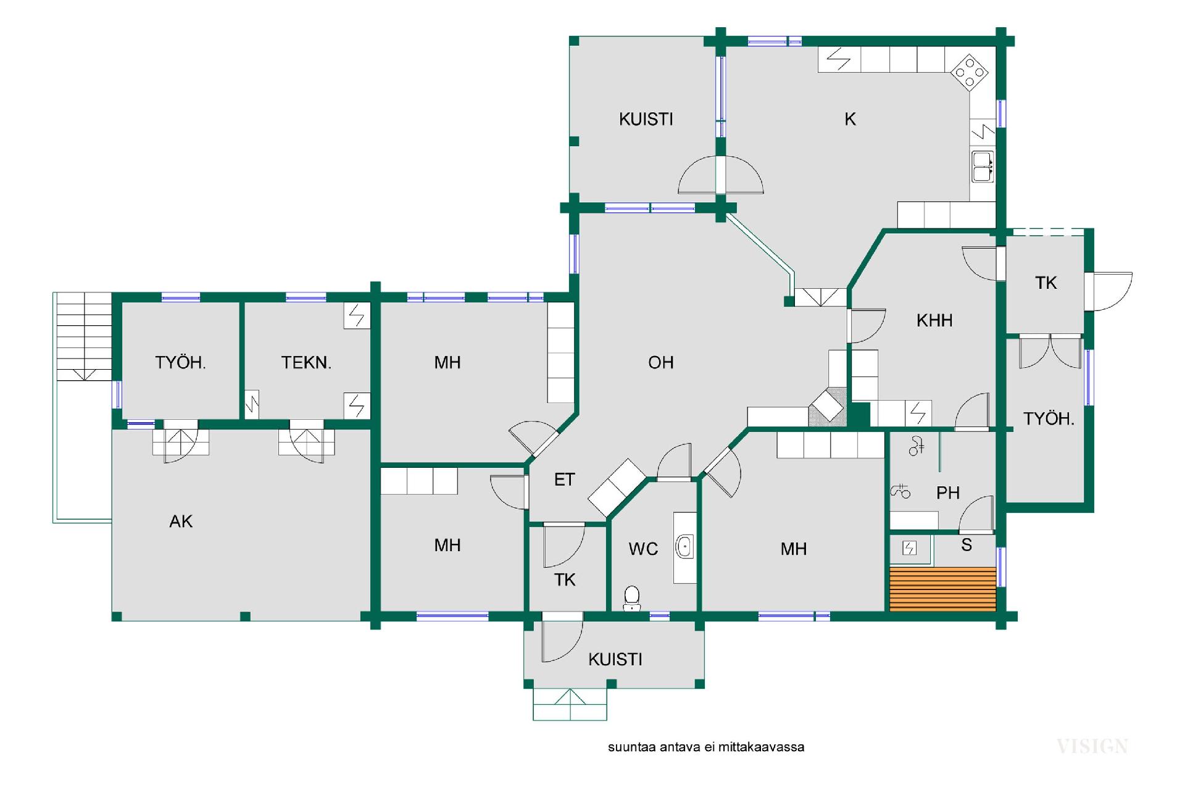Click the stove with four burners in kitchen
970,72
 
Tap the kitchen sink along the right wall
982,167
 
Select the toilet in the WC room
631,598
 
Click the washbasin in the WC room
684,547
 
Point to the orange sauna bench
942,589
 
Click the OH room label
660,362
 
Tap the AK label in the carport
181,522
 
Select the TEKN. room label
306,362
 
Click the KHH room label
934,320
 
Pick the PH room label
948,493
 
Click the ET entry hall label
564,480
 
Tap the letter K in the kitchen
850,119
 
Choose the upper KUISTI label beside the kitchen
646,119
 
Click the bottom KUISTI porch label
615,659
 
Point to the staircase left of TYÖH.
84,336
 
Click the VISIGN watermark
1092,746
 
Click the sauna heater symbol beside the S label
910,548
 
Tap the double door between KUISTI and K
720,175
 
